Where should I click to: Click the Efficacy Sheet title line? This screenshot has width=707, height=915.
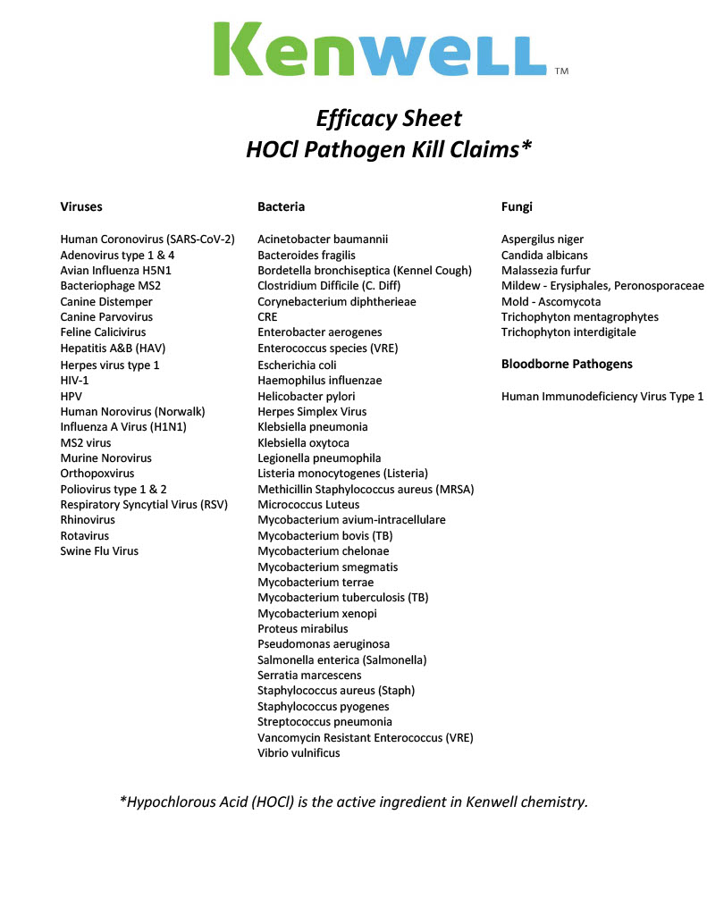point(389,119)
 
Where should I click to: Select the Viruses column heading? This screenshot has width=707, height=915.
point(81,206)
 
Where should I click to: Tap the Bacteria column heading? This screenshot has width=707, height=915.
point(281,206)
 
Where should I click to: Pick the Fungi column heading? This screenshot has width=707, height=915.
point(517,206)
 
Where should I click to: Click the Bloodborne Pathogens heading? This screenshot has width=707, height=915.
point(567,364)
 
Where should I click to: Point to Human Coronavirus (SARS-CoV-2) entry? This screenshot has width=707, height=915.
point(147,239)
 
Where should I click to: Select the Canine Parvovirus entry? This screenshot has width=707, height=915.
point(106,317)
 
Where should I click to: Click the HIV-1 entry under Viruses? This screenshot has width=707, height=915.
point(74,380)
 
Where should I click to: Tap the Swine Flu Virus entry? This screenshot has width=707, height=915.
point(99,551)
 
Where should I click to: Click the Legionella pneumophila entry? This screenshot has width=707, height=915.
point(319,458)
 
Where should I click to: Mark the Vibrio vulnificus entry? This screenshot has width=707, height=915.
point(299,753)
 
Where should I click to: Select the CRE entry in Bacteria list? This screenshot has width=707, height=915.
point(267,317)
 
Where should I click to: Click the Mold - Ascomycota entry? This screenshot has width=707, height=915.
point(551,302)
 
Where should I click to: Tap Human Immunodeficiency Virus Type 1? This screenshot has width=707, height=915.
point(602,396)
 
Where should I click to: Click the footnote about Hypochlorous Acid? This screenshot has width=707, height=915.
point(354,802)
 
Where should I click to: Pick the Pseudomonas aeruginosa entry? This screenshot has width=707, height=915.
point(324,644)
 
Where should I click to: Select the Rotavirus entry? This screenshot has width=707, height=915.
point(86,536)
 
